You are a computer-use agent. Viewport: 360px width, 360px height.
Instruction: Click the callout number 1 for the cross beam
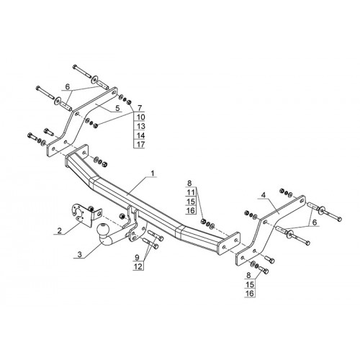153,174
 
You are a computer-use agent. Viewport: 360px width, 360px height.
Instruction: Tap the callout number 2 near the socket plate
59,231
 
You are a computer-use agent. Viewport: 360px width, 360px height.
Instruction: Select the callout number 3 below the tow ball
80,255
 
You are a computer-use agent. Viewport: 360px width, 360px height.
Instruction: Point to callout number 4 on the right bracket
264,195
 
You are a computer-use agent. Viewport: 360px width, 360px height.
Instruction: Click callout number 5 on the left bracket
117,108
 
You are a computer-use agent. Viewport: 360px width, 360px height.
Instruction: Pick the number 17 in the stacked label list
141,145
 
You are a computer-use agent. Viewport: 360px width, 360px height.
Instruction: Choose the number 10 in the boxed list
141,117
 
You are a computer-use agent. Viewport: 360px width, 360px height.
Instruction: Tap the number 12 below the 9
139,266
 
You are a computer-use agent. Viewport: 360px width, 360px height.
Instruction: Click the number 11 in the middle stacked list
191,192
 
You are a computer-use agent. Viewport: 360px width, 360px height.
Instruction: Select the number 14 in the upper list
141,135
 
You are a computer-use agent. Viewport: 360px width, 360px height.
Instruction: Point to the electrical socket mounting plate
81,215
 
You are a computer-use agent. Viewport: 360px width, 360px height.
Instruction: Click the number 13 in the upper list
141,126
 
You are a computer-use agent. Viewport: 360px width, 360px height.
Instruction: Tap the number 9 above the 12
137,258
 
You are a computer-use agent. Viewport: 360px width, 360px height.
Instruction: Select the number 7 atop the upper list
140,108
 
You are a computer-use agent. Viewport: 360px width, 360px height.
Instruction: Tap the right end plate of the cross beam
228,244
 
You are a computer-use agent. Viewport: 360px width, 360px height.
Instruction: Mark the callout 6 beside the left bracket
68,87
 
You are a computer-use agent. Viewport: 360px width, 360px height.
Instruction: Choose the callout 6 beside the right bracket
315,222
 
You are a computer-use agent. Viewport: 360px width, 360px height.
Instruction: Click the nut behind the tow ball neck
122,216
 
